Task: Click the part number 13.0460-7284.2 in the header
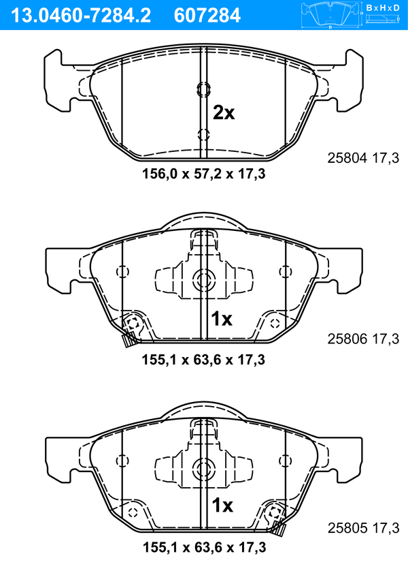pos(81,16)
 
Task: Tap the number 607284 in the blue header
pos(207,16)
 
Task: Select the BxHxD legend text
pos(383,7)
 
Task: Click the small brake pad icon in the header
pos(330,16)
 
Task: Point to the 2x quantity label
pos(224,113)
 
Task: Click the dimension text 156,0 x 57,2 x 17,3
pos(204,174)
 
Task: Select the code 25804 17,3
pos(363,158)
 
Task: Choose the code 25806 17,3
pos(363,339)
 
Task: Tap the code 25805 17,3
pos(363,528)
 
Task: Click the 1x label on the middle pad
pos(222,320)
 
